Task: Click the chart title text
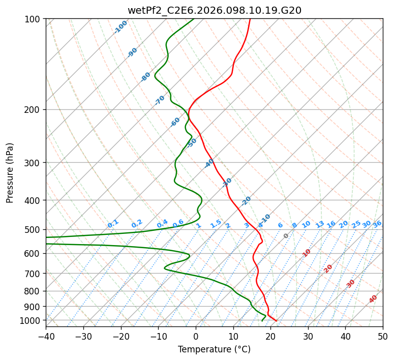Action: point(214,10)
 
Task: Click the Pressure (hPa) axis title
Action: point(10,173)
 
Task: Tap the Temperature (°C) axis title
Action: point(214,349)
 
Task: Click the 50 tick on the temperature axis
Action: point(383,337)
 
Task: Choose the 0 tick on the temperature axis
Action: point(196,337)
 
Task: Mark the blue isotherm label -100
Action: point(120,27)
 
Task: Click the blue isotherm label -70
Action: point(160,100)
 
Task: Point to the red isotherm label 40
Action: point(373,299)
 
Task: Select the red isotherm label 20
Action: point(328,268)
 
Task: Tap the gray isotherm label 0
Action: point(286,236)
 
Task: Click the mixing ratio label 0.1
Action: point(113,223)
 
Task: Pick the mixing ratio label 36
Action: point(377,224)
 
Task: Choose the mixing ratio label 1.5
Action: point(216,223)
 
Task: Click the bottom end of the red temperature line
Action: point(276,321)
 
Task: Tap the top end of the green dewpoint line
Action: point(194,19)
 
